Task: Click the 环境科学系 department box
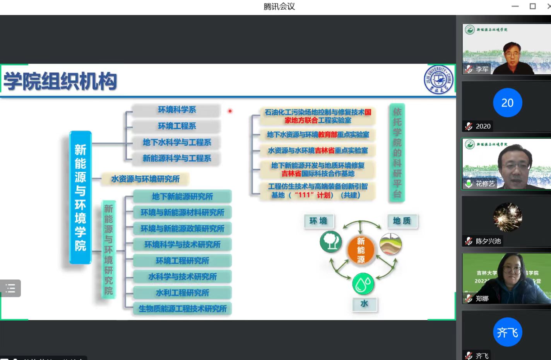tap(176, 110)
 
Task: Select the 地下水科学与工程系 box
tap(176, 142)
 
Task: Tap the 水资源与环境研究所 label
tap(145, 179)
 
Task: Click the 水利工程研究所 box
tap(182, 293)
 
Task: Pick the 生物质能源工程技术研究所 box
tap(182, 309)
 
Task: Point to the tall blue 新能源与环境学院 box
tap(80, 197)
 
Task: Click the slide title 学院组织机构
tap(60, 81)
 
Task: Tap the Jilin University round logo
tap(438, 80)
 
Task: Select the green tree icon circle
tap(330, 242)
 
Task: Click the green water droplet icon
tap(363, 284)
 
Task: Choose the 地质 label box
tap(402, 221)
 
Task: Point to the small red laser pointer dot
tap(230, 111)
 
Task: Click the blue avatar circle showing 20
tap(507, 103)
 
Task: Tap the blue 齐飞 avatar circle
tap(507, 332)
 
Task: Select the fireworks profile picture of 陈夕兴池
tap(507, 217)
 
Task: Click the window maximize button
tap(532, 6)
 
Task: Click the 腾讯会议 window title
tap(279, 7)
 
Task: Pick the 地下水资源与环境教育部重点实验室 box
tap(318, 135)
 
